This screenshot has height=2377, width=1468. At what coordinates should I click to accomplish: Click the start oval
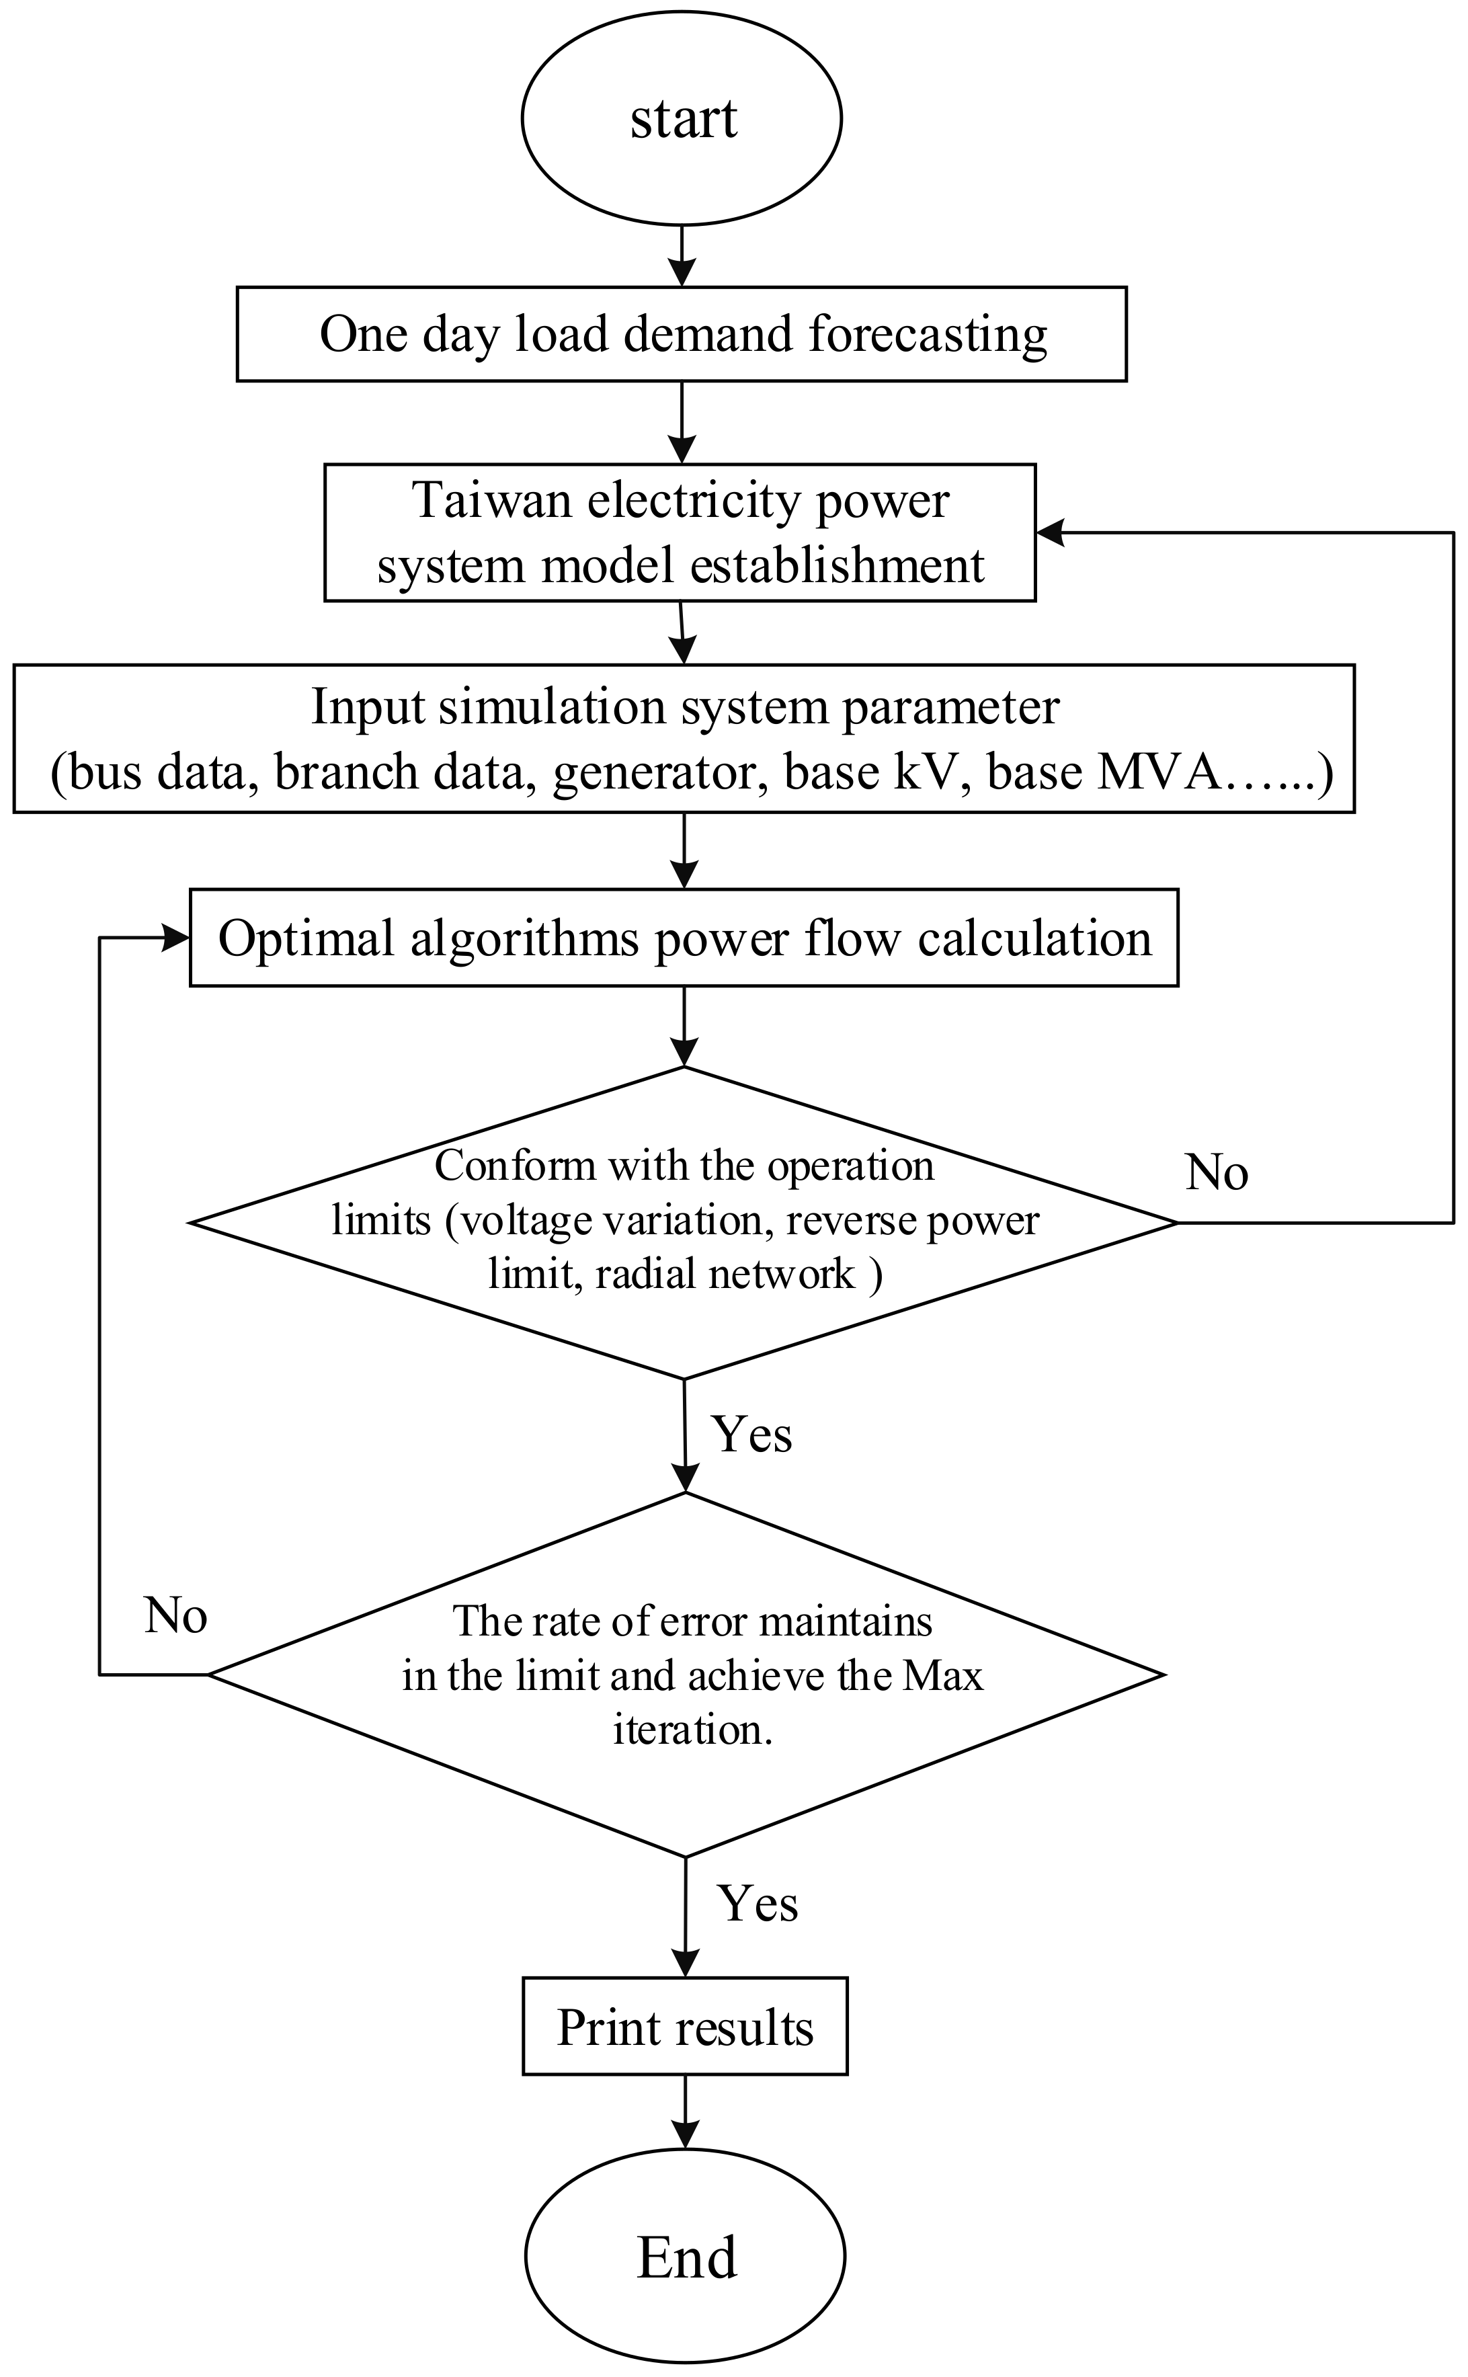pos(682,118)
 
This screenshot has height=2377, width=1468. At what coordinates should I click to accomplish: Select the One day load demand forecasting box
pos(682,333)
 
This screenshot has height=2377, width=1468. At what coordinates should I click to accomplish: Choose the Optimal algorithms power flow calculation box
pos(684,938)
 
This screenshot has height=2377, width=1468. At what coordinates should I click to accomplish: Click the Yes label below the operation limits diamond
pos(751,1434)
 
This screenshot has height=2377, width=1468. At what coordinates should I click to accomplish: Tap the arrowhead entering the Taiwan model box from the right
pos(1049,532)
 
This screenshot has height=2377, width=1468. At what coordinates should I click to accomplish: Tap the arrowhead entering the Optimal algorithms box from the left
pos(177,937)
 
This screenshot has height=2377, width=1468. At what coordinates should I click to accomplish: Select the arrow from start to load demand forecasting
pos(682,256)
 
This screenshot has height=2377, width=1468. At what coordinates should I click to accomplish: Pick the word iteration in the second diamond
pos(691,1730)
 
